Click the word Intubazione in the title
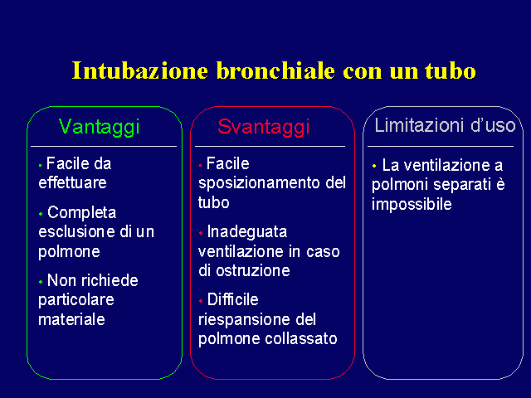[x=140, y=70]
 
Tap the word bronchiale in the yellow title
[x=275, y=70]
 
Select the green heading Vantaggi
[x=99, y=127]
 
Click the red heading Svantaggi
[x=264, y=127]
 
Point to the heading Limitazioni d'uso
[x=445, y=125]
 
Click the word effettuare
[x=72, y=182]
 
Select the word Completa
[x=81, y=213]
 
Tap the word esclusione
[x=76, y=232]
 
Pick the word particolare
[x=76, y=300]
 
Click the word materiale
[x=71, y=319]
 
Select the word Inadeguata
[x=247, y=232]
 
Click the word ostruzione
[x=253, y=271]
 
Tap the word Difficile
[x=232, y=299]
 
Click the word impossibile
[x=412, y=205]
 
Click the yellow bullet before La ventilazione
[x=374, y=166]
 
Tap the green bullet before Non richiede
[x=41, y=282]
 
